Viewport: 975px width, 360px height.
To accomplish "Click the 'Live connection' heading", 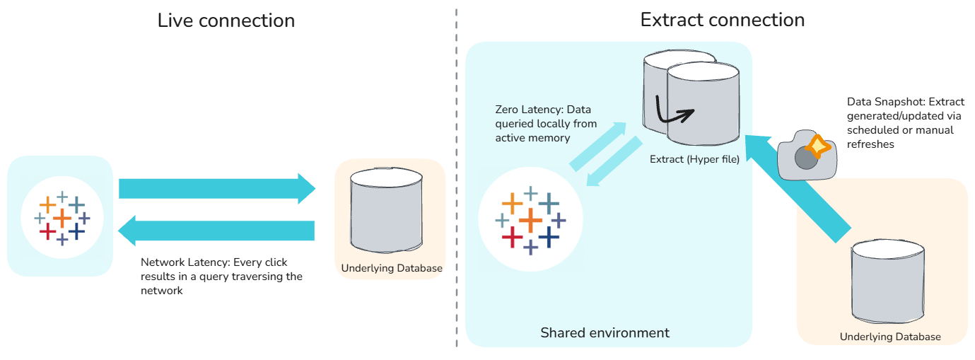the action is tap(226, 21).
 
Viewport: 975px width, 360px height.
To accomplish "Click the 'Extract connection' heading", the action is tap(722, 20).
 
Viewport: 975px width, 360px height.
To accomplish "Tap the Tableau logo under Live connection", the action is tap(62, 218).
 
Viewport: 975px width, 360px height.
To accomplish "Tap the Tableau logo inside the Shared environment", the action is tap(530, 220).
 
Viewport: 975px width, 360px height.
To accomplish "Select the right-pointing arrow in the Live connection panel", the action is tap(217, 189).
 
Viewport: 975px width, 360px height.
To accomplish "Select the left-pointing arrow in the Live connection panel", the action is tap(216, 231).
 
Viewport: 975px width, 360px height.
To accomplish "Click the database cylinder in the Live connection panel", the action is tap(386, 210).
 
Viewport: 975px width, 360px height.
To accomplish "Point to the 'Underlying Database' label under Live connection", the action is tap(392, 268).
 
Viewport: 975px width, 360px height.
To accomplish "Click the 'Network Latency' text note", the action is tap(221, 277).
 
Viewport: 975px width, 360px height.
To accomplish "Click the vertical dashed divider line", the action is tap(457, 178).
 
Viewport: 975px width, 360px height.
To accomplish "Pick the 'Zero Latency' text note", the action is tap(546, 124).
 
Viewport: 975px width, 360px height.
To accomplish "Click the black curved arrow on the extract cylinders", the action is tap(673, 112).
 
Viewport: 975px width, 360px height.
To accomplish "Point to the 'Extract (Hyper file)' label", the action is tap(694, 159).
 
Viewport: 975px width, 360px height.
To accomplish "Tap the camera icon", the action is tap(807, 155).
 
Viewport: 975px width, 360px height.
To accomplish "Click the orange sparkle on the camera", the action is tap(818, 146).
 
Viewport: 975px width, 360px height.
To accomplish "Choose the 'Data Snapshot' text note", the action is tap(905, 123).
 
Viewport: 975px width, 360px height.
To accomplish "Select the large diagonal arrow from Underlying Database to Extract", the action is tap(798, 189).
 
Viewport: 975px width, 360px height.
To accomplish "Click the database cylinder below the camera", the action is tap(888, 281).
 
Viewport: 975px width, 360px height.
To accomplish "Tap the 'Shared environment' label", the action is tap(605, 332).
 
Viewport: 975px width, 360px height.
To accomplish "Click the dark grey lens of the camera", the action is tap(806, 158).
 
